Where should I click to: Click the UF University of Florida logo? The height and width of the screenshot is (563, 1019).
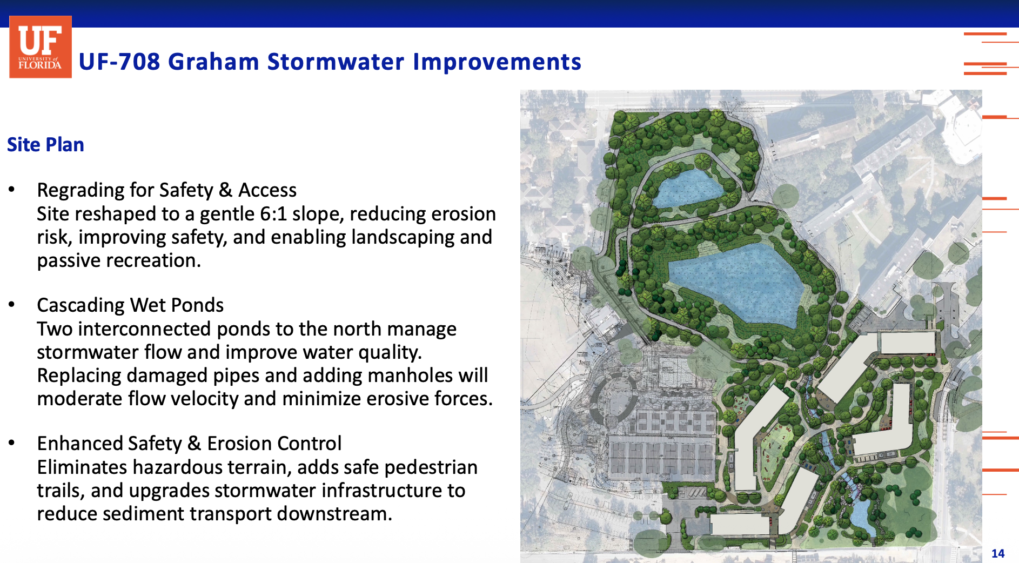[41, 46]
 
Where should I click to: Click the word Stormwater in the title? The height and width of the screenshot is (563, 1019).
[336, 62]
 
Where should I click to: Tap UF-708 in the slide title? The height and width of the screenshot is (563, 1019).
[119, 62]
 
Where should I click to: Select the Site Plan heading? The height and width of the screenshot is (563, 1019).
[45, 145]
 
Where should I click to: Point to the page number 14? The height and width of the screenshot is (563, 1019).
[997, 553]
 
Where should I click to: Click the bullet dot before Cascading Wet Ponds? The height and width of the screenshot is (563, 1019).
[11, 305]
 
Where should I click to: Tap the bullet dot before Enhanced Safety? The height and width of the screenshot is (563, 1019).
[11, 443]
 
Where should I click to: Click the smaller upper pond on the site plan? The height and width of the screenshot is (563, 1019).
[686, 187]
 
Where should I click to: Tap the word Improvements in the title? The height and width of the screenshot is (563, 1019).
[497, 62]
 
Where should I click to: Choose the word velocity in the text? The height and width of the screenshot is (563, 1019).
[183, 399]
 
